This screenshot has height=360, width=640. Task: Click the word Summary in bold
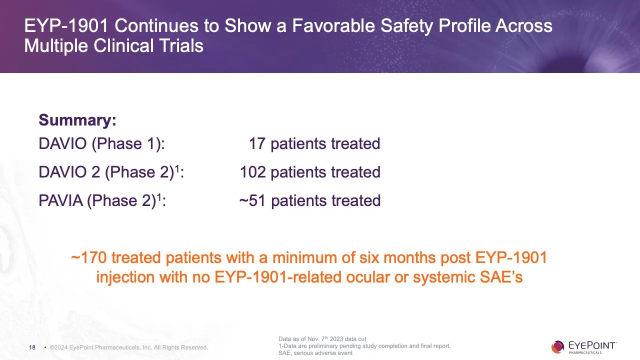coord(77,120)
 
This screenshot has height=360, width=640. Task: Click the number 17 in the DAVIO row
coord(257,144)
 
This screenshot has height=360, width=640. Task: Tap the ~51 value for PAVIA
coord(252,201)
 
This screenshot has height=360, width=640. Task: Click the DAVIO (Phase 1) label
coord(101,144)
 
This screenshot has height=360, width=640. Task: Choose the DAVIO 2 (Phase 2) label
coord(110,172)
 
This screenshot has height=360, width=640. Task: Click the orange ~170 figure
coord(88,258)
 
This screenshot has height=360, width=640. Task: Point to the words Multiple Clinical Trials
coord(113,46)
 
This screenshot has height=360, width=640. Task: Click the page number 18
coord(32,347)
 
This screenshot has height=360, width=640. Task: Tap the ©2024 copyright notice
coord(128,347)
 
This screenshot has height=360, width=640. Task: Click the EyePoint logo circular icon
coord(557,346)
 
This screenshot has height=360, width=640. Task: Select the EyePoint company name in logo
coord(592,345)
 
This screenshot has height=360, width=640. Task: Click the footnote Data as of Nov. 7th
coord(322,339)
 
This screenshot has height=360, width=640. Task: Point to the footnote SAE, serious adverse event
coord(315,353)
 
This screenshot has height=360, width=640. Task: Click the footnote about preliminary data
coord(364,346)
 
